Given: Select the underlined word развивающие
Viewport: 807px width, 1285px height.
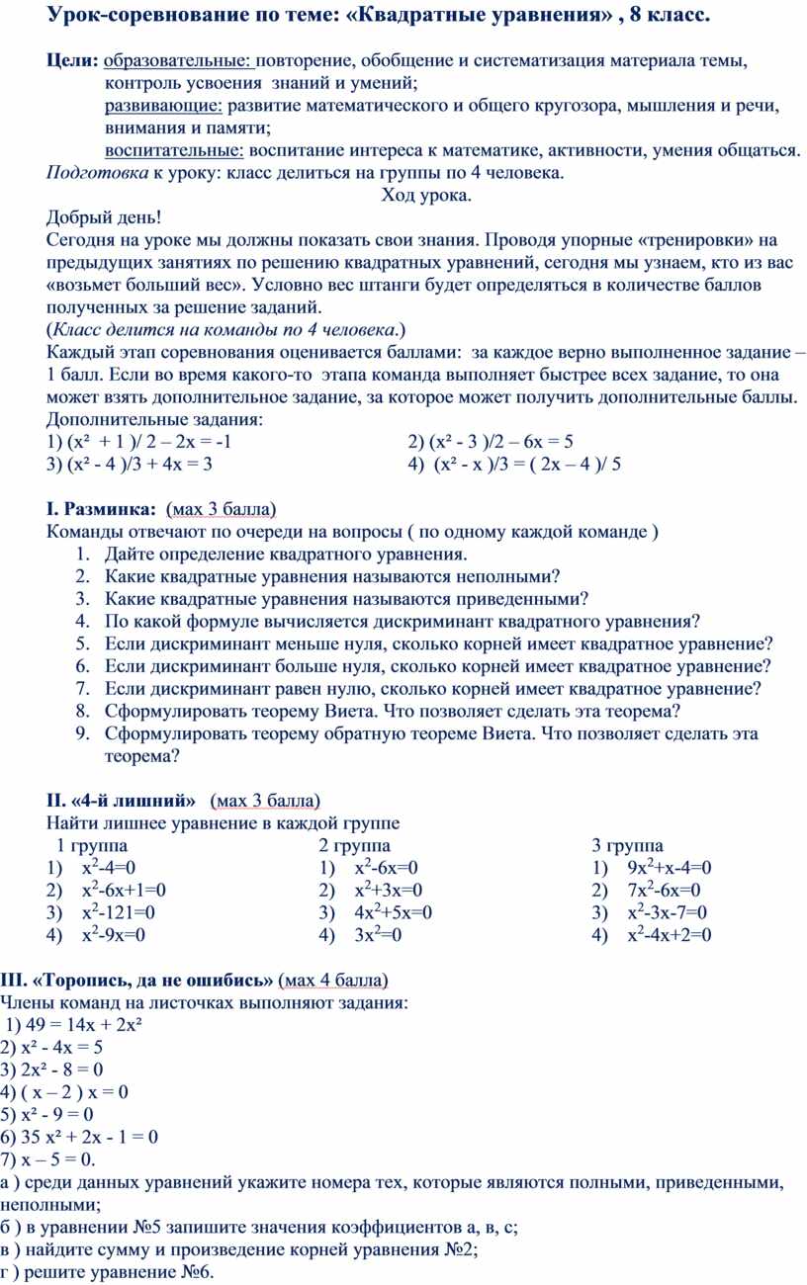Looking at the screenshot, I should (164, 106).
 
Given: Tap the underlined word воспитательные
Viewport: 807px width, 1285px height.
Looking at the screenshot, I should (174, 150).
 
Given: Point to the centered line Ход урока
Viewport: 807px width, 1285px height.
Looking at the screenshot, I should (426, 195).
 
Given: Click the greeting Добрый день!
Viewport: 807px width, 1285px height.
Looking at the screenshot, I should (102, 217).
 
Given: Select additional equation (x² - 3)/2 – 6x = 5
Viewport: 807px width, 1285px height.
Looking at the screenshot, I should (491, 442).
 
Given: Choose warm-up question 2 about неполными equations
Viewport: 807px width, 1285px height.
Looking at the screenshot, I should (331, 576).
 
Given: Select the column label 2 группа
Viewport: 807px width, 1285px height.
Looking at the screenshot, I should (354, 845).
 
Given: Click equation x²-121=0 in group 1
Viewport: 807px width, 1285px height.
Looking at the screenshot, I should (118, 912).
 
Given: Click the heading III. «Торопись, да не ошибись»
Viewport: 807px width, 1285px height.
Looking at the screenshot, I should (137, 980).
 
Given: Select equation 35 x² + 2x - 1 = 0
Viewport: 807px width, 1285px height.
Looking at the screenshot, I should (88, 1136).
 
